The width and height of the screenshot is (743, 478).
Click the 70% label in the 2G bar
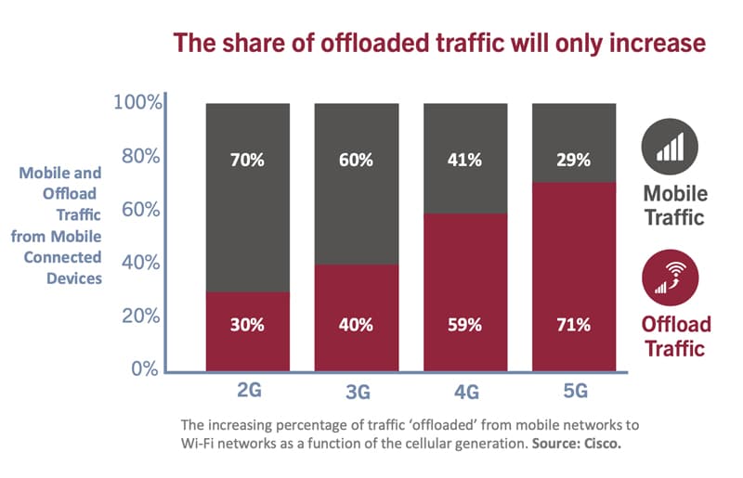(247, 160)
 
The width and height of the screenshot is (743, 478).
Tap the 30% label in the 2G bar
(247, 325)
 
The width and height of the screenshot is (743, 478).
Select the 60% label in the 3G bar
(356, 160)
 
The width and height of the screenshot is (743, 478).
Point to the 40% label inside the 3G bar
(356, 325)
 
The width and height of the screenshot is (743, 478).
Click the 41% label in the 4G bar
(464, 160)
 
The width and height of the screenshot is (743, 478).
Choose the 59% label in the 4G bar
(464, 325)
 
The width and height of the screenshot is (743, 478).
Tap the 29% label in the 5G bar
(573, 160)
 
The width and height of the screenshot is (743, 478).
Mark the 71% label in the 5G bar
(573, 325)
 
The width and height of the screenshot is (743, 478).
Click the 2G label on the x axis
(249, 390)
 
